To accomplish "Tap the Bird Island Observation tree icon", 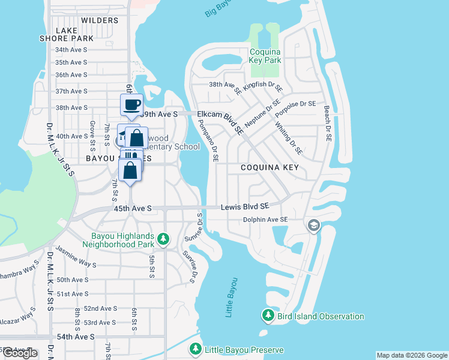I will point(268,315).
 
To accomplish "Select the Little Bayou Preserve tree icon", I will point(196,349).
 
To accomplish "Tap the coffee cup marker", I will point(131,105).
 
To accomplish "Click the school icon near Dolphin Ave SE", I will point(313,226).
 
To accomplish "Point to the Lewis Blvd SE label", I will point(244,206).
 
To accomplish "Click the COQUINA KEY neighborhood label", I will point(269,167).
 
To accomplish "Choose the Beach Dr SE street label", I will point(327,124).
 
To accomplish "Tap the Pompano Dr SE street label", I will point(206,141).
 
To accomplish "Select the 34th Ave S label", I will point(71,50).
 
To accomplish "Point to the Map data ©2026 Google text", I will point(411,355).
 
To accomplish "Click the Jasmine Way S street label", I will point(76,256).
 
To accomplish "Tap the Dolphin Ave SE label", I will point(267,220).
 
